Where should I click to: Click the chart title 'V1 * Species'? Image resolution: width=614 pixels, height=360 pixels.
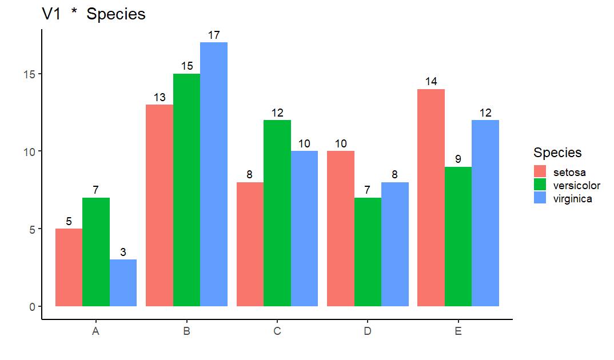coord(94,14)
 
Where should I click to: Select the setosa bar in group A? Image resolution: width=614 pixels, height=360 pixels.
coord(69,267)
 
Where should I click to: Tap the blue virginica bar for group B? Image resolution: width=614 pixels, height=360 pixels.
coord(214,174)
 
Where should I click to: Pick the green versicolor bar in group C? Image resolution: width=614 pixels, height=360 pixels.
coord(277,213)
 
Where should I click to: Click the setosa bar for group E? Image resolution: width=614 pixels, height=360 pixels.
coord(431,198)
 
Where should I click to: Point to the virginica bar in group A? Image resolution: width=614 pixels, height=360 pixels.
coord(123,283)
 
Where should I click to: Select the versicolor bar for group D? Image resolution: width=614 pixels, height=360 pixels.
coord(368,252)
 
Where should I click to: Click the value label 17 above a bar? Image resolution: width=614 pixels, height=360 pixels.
coord(214,35)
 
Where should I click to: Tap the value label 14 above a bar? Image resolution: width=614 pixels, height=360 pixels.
coord(431,82)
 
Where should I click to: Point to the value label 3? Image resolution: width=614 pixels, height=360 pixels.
coord(123,252)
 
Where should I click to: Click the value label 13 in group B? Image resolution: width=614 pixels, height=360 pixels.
coord(160,97)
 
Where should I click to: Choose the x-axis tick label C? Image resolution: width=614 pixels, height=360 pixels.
coord(277,331)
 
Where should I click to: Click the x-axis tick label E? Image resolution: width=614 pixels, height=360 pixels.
coord(458,331)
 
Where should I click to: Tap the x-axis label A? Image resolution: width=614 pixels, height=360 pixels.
coord(96,331)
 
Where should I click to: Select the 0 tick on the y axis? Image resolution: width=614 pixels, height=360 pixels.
coord(33,306)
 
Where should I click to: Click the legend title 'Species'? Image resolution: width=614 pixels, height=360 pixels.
coord(557,153)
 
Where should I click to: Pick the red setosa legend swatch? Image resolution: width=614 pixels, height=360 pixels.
coord(540,171)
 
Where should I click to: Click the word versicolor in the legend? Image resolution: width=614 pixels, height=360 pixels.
coord(576,185)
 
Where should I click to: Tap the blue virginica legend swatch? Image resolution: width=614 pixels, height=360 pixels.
coord(540,198)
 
